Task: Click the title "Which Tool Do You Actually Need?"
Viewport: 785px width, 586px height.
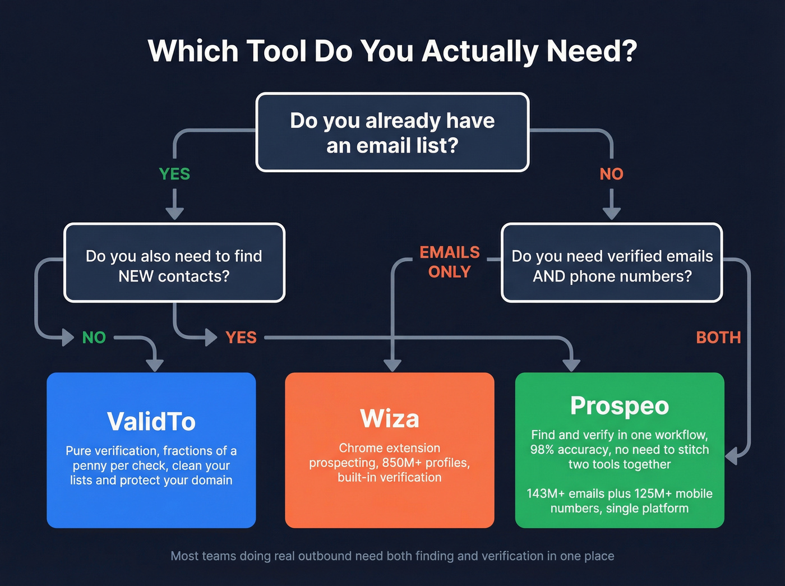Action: tap(392, 51)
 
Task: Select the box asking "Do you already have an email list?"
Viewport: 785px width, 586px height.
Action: tap(392, 133)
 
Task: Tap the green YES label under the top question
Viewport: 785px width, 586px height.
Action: tap(174, 174)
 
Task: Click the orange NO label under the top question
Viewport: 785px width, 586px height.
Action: tap(611, 174)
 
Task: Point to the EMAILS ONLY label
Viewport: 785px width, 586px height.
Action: tap(449, 262)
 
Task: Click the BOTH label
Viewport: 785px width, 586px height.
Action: tap(718, 338)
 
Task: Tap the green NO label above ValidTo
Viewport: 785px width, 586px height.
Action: tap(94, 338)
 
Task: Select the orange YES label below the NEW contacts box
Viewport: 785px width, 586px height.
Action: tap(241, 338)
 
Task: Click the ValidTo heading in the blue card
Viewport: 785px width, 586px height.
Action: tap(151, 422)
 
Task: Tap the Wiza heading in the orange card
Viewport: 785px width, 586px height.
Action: tap(390, 419)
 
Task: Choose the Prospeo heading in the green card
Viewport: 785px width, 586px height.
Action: tap(620, 406)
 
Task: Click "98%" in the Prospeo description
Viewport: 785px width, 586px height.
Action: tap(542, 450)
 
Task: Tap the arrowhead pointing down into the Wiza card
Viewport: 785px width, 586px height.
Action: tap(392, 365)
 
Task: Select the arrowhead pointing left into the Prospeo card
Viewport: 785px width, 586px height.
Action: tap(731, 456)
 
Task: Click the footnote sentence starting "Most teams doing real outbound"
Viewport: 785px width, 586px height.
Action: tap(392, 556)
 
